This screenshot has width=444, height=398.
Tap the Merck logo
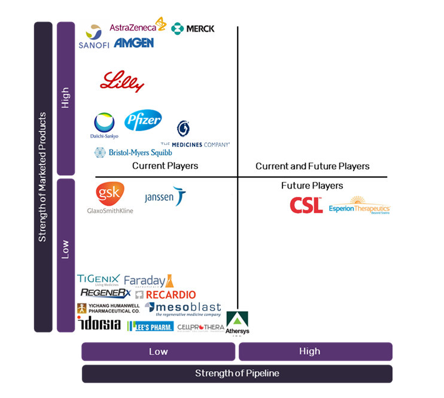click(x=193, y=28)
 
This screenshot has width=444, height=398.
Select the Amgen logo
click(x=133, y=43)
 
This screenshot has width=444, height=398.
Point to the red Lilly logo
click(x=122, y=82)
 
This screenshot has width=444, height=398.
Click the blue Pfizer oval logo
click(x=142, y=121)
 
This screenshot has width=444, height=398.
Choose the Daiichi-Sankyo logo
click(x=104, y=126)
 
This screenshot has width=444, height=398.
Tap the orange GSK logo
click(x=110, y=193)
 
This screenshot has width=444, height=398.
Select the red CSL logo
click(x=306, y=205)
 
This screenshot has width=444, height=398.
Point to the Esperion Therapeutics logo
click(x=359, y=205)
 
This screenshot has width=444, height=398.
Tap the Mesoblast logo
click(x=183, y=309)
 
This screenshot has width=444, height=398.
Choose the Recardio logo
click(x=165, y=294)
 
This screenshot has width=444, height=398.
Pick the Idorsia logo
click(x=99, y=324)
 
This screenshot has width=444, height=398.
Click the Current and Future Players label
click(x=312, y=166)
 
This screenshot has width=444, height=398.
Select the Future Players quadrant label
click(x=312, y=186)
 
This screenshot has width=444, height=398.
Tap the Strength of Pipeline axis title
click(x=237, y=373)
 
